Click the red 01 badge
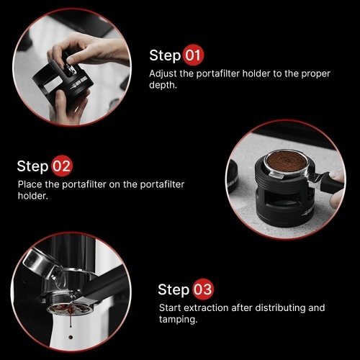(x=193, y=55)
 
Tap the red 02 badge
(x=62, y=166)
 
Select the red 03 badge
(x=203, y=289)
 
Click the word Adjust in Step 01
(x=163, y=73)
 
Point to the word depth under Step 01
(x=163, y=85)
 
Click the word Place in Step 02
(x=30, y=184)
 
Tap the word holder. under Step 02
(x=33, y=196)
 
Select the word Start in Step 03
(x=170, y=307)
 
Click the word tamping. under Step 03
(x=178, y=320)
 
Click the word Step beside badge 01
(x=165, y=55)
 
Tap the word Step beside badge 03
(x=174, y=290)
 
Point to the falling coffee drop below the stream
(x=71, y=337)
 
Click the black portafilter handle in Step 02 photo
(x=331, y=182)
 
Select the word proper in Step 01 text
(x=315, y=74)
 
